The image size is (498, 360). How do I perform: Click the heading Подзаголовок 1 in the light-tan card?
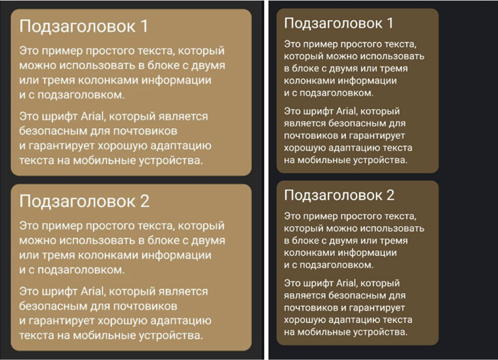(x=83, y=27)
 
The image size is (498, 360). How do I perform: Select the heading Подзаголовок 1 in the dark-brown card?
(x=339, y=23)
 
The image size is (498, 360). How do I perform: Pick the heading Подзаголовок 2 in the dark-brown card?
(x=339, y=195)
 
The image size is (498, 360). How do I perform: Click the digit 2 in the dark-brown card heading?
(x=389, y=195)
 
